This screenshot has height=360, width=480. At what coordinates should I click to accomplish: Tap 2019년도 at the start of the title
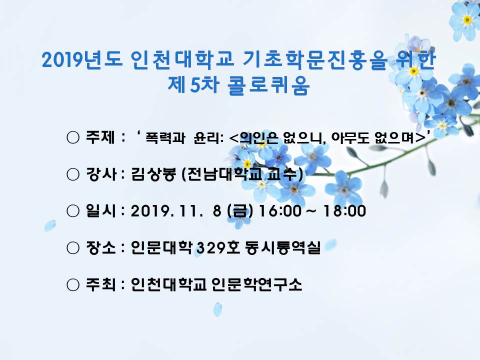coord(82,59)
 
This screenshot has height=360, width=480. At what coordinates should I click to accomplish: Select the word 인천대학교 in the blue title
coord(182,59)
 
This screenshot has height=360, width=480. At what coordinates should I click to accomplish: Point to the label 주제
coord(100,137)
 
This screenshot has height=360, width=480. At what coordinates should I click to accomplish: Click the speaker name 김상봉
coord(153,174)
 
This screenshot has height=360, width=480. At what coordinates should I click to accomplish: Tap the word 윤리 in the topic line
coord(206,137)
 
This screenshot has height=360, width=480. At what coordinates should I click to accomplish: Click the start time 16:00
coord(279,211)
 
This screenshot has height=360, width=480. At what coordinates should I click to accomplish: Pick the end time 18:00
coord(344,211)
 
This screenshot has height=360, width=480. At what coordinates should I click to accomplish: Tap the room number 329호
coord(218,247)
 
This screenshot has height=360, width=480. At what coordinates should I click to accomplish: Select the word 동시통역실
coord(282,247)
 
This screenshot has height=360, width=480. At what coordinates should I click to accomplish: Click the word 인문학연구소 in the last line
coord(256,284)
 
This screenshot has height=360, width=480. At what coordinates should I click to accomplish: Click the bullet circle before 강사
coord(73,174)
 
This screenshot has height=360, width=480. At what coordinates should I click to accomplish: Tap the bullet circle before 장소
coord(73,247)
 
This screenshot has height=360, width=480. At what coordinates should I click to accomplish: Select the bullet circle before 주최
coord(73,284)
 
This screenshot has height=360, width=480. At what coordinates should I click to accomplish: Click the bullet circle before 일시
coord(73,211)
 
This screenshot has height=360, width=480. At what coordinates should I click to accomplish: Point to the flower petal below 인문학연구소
coord(217,309)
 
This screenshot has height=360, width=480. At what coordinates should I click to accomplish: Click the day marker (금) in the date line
coord(240,211)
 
